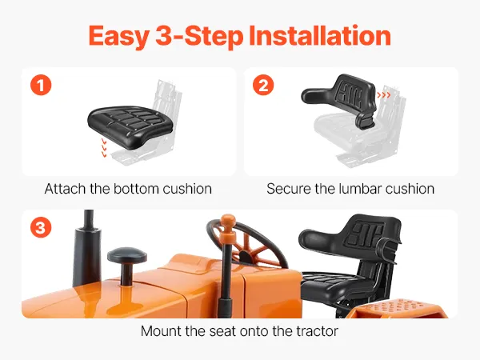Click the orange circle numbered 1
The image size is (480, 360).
coord(41,85)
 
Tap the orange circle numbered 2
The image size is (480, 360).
coord(263,85)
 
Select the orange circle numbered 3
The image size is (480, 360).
coord(41,227)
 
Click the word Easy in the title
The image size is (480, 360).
coord(118,37)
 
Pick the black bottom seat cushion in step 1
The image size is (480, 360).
coord(130,126)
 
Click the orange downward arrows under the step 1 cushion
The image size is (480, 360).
coord(104,148)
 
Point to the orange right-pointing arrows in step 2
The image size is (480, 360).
coord(384,95)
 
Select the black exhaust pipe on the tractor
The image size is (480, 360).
coord(87,248)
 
